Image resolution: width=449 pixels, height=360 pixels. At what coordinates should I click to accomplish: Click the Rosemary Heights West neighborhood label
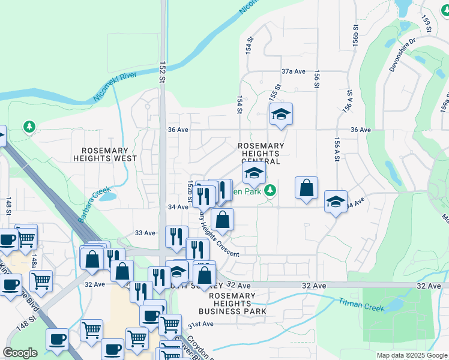105,154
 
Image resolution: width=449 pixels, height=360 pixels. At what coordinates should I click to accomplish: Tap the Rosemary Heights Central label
261,154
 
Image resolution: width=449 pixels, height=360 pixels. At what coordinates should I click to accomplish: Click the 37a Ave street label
294,71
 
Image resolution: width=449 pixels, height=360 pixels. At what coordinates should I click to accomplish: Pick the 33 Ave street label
145,233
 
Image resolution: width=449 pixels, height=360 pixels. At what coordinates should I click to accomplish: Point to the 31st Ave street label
200,324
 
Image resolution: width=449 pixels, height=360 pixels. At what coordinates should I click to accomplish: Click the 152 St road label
162,71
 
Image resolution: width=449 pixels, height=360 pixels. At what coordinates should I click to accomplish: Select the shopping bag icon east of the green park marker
306,188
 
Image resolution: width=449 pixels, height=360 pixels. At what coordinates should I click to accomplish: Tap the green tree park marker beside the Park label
271,190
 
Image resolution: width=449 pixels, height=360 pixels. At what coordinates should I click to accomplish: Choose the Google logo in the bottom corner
20,353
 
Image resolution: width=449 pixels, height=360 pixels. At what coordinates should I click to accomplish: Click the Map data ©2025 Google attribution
411,355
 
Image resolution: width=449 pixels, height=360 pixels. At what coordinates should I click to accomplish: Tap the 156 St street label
316,78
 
